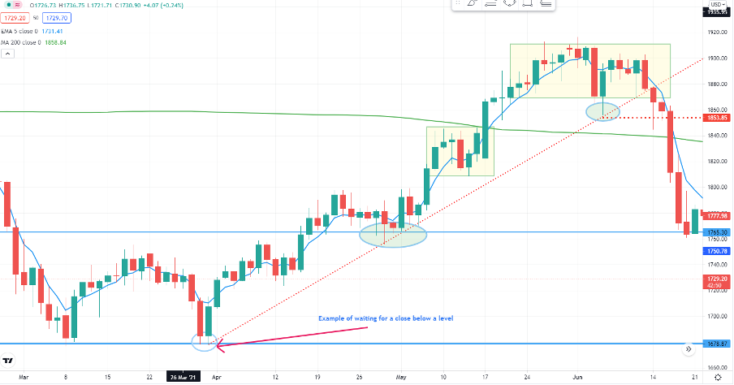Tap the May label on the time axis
click(401, 378)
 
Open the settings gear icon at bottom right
click(719, 377)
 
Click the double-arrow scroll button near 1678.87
click(689, 347)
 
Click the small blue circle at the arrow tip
click(205, 342)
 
